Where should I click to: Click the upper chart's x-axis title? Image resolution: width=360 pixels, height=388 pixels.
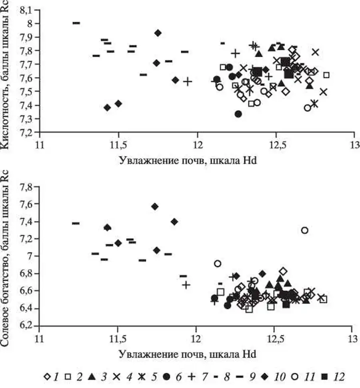pos(187,160)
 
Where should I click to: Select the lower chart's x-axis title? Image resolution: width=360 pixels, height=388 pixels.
pos(187,354)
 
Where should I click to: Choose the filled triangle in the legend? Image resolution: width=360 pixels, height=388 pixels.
pos(91,376)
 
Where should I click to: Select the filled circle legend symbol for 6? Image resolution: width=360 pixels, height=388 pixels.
pos(167,376)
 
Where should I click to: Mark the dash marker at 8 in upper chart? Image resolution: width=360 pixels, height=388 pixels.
pos(76,23)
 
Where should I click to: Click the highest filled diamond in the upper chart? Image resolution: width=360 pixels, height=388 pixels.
pos(158,33)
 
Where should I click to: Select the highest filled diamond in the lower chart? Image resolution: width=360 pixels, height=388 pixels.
pos(155,206)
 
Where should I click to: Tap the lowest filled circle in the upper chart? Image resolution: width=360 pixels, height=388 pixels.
pos(238,114)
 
